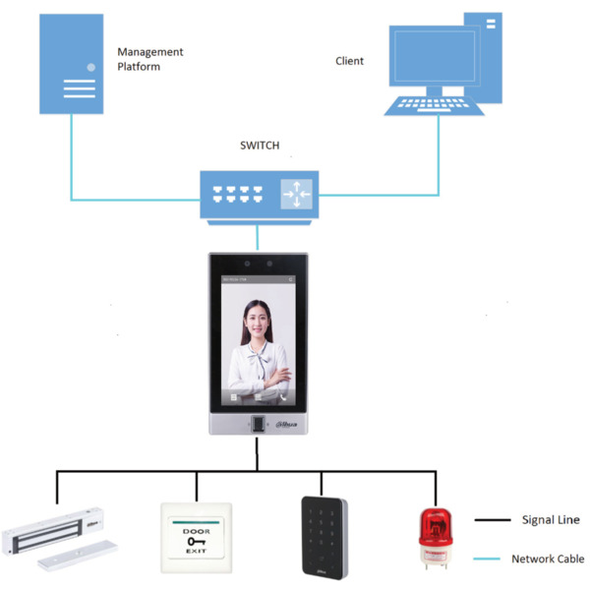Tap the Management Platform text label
tap(149, 59)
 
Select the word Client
tap(349, 61)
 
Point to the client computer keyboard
tap(433, 103)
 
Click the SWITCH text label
tap(260, 146)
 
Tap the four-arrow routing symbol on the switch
tap(295, 194)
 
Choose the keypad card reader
tap(324, 536)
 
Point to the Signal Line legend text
tap(551, 519)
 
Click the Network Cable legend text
tap(548, 559)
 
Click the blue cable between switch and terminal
tap(258, 237)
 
